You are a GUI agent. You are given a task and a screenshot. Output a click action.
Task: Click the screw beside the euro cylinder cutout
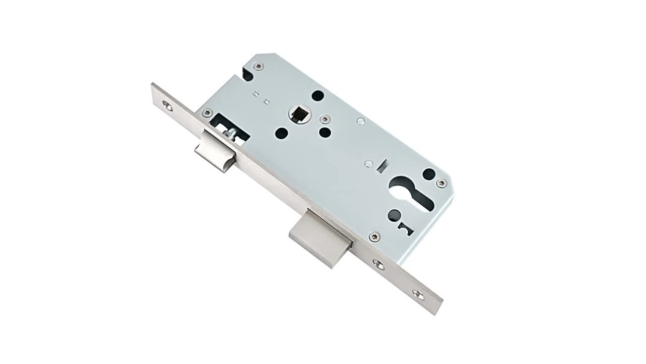[443, 183]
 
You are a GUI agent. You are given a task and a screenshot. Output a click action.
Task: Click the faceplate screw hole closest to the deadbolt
[378, 263]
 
